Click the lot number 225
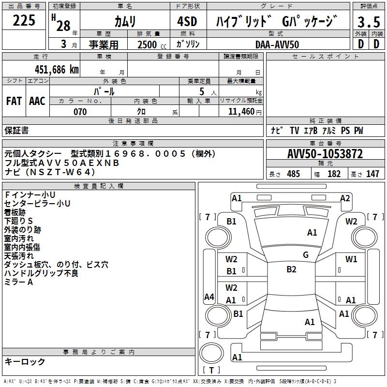point(24,21)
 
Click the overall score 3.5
point(368,22)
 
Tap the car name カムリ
point(125,22)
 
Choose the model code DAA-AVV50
point(277,45)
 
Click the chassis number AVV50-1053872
point(325,154)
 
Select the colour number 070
point(80,112)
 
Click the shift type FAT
point(14,101)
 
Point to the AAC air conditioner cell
point(37,101)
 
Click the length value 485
point(293,174)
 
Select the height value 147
point(372,174)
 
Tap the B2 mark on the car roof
point(291,269)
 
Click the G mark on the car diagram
point(305,255)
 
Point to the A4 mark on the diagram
point(209,297)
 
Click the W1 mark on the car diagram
point(351,259)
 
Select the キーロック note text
point(25,361)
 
